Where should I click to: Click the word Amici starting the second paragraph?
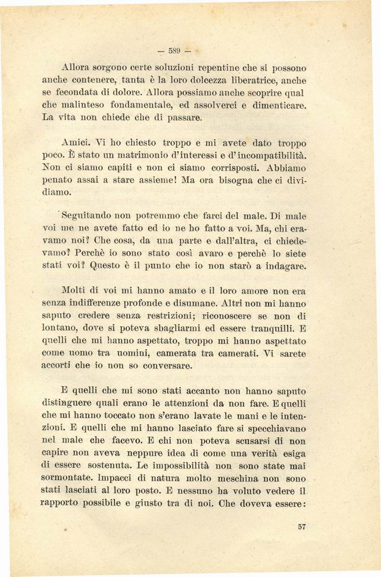tap(76, 143)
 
